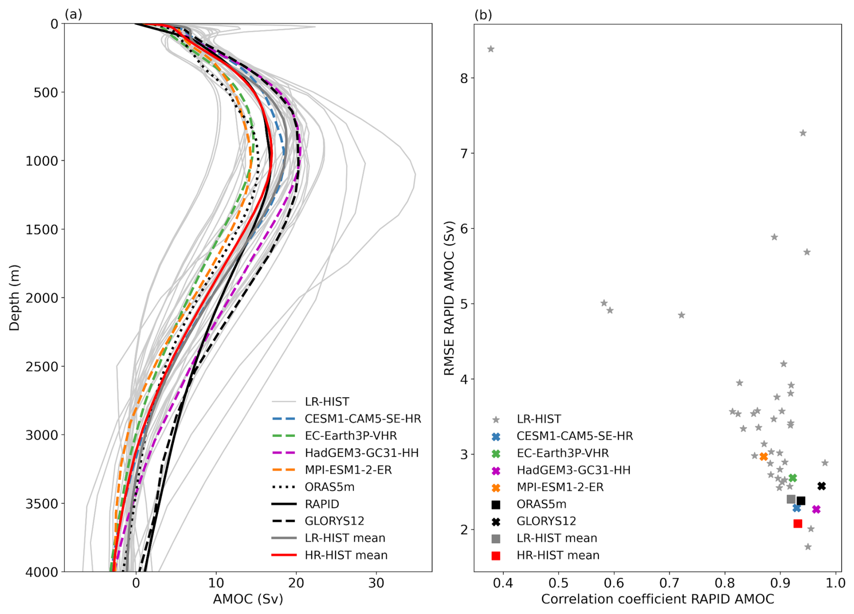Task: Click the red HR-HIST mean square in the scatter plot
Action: click(x=798, y=524)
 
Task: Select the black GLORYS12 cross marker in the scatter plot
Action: click(x=822, y=486)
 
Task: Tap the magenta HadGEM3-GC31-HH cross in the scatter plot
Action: click(x=816, y=509)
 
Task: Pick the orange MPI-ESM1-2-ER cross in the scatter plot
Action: click(x=763, y=456)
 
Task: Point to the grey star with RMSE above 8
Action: click(x=491, y=49)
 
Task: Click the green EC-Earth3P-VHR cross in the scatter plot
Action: click(x=793, y=478)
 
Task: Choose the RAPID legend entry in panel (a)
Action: click(x=321, y=504)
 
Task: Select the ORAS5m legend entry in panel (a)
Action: click(x=329, y=487)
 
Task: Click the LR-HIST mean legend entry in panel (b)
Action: click(x=557, y=538)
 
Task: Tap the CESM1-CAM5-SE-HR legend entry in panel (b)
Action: click(x=575, y=436)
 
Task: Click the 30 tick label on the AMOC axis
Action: click(x=376, y=583)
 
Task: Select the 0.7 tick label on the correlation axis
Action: click(x=669, y=583)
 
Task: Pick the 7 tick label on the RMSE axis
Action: click(x=464, y=153)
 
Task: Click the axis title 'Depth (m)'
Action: click(x=14, y=298)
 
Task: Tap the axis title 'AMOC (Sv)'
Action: click(x=248, y=599)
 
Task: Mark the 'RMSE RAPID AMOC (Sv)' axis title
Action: click(x=449, y=298)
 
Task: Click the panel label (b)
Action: click(x=483, y=15)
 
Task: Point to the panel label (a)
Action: click(x=74, y=14)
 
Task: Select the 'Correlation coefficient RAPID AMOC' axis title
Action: click(x=657, y=599)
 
